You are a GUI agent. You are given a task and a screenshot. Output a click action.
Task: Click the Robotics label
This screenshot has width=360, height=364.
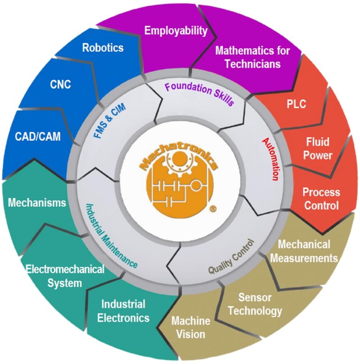(x=103, y=48)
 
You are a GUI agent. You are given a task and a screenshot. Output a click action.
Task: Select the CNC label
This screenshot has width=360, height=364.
(x=61, y=84)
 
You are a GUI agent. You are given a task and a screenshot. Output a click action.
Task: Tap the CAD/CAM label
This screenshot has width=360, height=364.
(x=38, y=136)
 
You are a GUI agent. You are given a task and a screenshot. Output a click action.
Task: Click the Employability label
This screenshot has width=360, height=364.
(x=176, y=31)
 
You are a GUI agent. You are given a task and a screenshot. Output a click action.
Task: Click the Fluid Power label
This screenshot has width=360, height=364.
(x=318, y=149)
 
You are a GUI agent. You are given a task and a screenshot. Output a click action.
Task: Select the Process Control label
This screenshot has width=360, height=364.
(x=321, y=199)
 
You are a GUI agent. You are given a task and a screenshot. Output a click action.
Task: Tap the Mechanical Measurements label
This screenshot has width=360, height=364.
(x=307, y=251)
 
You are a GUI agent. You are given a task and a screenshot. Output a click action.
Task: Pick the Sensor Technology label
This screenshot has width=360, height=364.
(x=260, y=304)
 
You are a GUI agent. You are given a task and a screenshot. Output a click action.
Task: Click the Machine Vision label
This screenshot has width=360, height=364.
(x=191, y=328)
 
